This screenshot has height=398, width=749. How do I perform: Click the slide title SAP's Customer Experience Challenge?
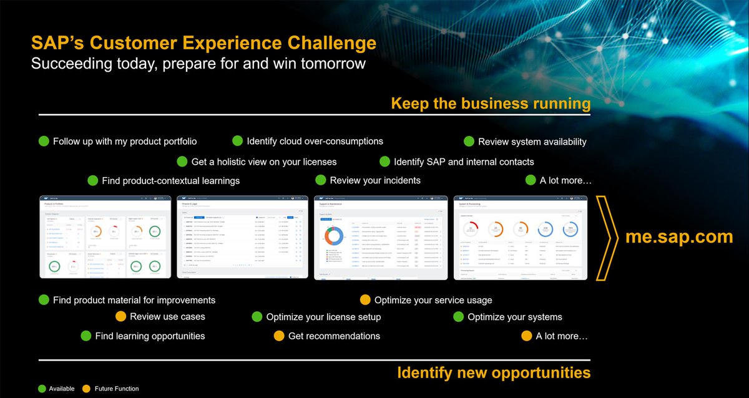203,43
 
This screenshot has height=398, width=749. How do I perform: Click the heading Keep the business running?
491,103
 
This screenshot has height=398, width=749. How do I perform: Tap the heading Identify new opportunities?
494,373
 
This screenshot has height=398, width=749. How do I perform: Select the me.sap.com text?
670,237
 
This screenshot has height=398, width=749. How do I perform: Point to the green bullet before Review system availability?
468,142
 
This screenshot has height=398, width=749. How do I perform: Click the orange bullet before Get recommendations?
278,336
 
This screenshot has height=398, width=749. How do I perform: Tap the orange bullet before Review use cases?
120,317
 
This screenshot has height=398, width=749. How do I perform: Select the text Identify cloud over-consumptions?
315,142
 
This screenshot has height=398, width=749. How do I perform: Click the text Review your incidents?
375,180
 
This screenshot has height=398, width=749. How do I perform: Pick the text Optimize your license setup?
323,317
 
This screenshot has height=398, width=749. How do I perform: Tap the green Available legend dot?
42,389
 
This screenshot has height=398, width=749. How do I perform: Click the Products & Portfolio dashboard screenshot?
105,237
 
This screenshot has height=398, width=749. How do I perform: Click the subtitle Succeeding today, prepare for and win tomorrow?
198,64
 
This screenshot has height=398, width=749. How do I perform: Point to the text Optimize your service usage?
433,301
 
